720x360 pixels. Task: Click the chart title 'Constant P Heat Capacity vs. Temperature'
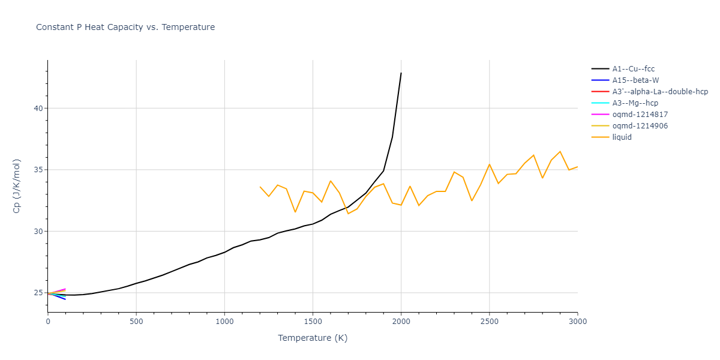pos(125,27)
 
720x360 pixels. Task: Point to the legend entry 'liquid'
pos(622,137)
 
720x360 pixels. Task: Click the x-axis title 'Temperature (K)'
pos(313,338)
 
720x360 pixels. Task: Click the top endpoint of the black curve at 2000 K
pos(401,73)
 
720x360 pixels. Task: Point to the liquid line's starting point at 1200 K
pos(260,187)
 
